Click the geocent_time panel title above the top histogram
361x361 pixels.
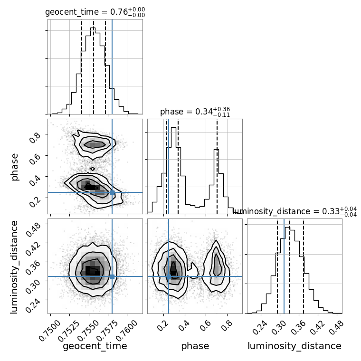tap(95, 12)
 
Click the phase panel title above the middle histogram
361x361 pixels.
tap(195, 112)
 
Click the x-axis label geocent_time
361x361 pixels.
tap(95, 346)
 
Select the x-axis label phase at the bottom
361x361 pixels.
tap(195, 346)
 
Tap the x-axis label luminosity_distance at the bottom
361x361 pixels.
tap(294, 346)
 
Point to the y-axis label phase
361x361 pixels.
tap(15, 166)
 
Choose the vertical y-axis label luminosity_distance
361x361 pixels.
tap(15, 266)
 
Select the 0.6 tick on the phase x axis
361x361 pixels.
tap(206, 322)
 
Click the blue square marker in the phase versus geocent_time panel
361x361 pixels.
tap(112, 192)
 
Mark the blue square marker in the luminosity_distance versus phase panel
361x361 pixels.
tap(169, 276)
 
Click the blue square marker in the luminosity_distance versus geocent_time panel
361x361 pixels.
tap(112, 276)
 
